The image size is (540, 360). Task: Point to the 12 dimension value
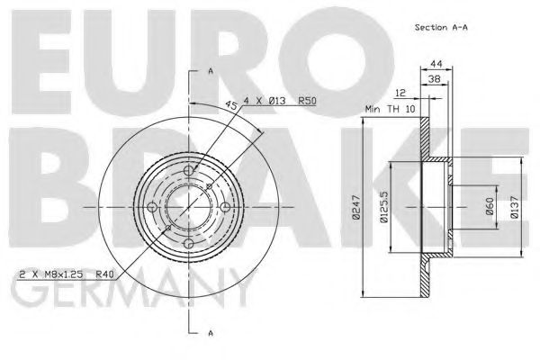click(400, 94)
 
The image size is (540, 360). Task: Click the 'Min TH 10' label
click(390, 108)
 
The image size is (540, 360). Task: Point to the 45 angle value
click(233, 104)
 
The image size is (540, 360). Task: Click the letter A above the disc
click(210, 70)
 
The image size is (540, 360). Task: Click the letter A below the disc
click(210, 334)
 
